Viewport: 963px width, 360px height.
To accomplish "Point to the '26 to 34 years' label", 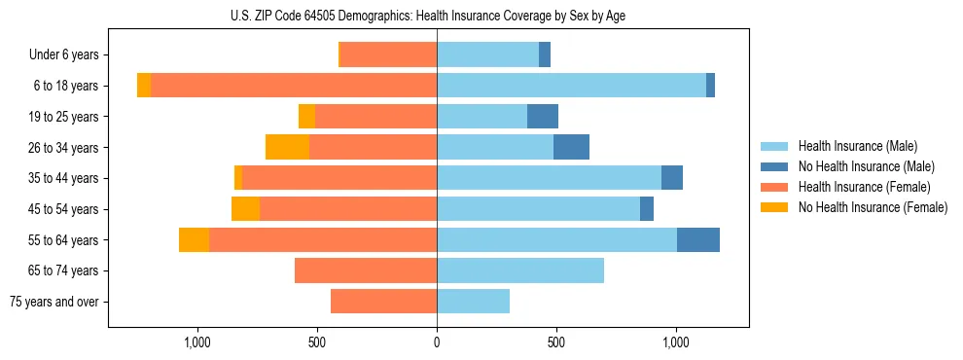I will click(63, 147).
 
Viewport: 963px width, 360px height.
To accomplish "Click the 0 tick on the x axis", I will click(437, 342).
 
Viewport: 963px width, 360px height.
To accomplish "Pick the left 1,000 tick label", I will click(197, 342).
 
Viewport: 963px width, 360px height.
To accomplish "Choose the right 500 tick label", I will click(555, 342).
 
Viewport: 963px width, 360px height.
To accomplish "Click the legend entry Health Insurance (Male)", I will click(857, 146).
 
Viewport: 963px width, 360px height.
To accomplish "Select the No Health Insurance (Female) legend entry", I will click(873, 207).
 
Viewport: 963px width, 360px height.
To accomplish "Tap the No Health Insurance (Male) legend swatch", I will click(774, 166).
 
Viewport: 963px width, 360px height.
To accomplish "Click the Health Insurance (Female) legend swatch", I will click(774, 187).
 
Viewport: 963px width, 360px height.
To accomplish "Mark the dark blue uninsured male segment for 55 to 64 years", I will click(698, 239).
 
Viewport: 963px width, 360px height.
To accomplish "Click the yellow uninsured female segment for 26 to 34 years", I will click(287, 147).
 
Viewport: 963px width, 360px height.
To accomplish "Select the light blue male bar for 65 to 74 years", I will click(520, 270).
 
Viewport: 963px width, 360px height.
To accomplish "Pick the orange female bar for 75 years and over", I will click(383, 302).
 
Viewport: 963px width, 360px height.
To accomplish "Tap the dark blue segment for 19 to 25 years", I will click(543, 117).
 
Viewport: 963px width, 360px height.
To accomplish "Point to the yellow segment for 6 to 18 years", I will click(144, 86).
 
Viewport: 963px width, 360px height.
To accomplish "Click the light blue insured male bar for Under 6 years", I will click(488, 54).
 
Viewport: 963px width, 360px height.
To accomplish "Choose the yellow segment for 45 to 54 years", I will click(245, 209).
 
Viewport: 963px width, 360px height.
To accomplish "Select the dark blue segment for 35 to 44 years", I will click(672, 178).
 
